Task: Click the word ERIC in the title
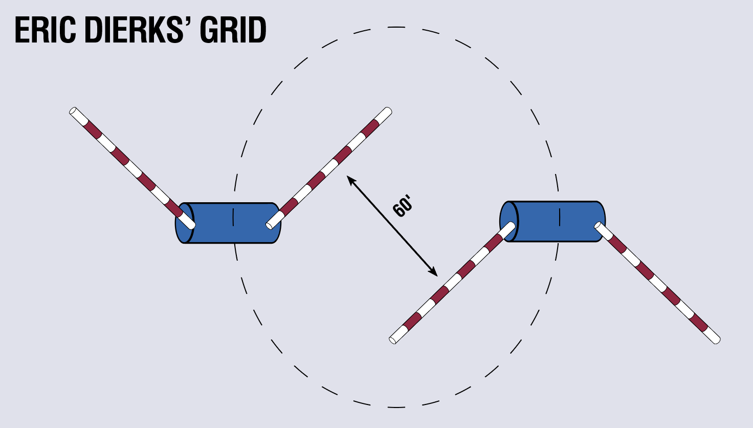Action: [x=46, y=30]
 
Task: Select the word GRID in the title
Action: [x=233, y=30]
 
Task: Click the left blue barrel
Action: [x=233, y=223]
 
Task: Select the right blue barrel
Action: [x=558, y=221]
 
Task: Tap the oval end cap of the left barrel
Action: [x=184, y=223]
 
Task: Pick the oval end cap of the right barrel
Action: [x=509, y=221]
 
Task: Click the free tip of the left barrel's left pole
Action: [x=73, y=111]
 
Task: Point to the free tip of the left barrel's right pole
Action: [x=388, y=111]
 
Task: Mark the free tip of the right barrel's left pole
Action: [x=393, y=339]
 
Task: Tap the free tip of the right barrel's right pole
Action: [x=717, y=340]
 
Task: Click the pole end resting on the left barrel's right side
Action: [x=270, y=225]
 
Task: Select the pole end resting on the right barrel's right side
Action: [x=597, y=225]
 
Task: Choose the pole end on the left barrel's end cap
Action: [x=191, y=225]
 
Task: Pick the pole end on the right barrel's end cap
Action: [x=512, y=225]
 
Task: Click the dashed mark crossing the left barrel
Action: [x=234, y=217]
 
